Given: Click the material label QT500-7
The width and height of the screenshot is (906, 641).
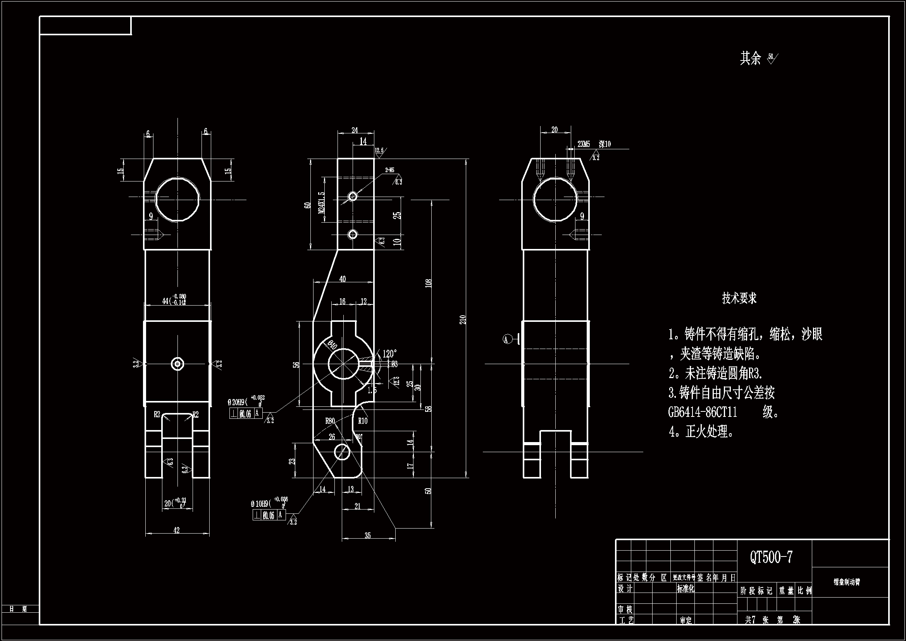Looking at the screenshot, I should click(x=771, y=557).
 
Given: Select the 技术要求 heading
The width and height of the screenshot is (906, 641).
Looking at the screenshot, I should click(x=739, y=298).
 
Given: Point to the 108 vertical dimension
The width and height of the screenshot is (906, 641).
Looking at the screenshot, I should click(x=429, y=283).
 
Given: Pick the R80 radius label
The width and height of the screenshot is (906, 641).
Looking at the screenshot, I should click(x=330, y=421).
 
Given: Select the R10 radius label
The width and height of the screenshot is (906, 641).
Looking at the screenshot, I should click(x=362, y=421).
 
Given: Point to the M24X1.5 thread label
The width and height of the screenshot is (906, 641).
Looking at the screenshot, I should click(x=322, y=202).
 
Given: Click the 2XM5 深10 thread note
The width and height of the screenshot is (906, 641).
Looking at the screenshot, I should click(x=594, y=144).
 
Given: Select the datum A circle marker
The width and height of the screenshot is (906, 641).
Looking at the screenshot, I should click(x=506, y=339).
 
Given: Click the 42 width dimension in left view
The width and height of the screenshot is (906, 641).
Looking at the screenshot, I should click(x=176, y=530).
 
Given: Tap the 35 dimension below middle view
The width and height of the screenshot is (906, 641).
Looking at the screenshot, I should click(x=367, y=536).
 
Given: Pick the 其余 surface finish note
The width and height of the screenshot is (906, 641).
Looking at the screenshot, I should click(x=758, y=59).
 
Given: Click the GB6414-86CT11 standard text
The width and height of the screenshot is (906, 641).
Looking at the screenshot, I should click(x=703, y=412).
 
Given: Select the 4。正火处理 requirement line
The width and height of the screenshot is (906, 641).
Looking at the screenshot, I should click(x=702, y=432).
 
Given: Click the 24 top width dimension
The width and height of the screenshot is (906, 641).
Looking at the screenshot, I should click(x=355, y=130).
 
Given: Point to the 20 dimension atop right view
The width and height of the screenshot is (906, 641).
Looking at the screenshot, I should click(x=555, y=130).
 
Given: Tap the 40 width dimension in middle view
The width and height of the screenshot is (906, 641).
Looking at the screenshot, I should click(x=342, y=279).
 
